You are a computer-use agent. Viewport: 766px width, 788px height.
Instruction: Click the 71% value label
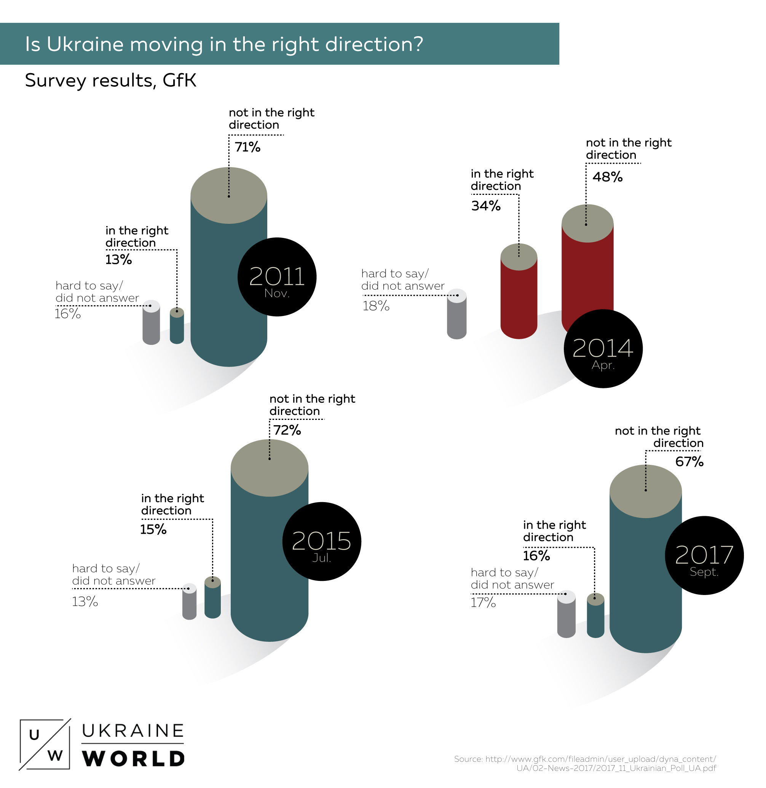pos(247,147)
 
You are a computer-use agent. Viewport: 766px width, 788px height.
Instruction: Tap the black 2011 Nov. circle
pos(277,277)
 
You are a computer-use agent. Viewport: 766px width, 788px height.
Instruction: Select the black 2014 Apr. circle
pos(603,349)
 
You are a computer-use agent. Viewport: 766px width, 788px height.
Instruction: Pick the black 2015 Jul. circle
pos(321,541)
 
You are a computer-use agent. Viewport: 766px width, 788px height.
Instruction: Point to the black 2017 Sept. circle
pos(704,555)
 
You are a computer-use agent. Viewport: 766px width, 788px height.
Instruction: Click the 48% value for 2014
pos(608,177)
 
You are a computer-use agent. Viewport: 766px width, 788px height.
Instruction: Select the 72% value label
pos(287,431)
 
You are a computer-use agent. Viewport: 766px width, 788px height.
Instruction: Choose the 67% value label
pos(689,462)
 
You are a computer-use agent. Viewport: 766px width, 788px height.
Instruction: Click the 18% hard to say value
pos(376,306)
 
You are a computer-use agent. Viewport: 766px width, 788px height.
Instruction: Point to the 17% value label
pos(483,603)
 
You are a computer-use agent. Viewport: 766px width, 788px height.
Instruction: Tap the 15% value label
pos(153,530)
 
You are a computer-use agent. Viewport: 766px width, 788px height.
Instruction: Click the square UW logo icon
pos(45,745)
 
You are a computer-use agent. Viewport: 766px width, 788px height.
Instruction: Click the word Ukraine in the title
pos(85,44)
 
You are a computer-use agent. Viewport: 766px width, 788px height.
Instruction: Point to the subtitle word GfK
pos(179,80)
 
